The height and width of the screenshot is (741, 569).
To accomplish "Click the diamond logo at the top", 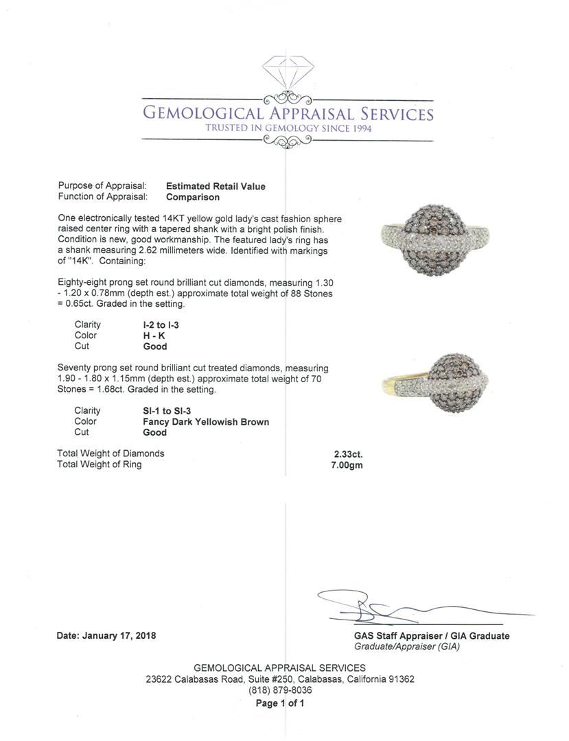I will (x=288, y=73).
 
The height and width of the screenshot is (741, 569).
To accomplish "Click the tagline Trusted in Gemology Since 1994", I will (x=288, y=128).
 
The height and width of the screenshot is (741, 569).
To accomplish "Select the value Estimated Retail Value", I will (x=216, y=186).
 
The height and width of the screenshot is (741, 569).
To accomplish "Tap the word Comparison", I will (x=193, y=197).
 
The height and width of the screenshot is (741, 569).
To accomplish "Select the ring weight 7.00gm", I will (x=347, y=464).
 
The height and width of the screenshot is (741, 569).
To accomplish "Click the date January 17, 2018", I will (x=106, y=635).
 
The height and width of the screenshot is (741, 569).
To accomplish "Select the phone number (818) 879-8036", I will (x=280, y=690).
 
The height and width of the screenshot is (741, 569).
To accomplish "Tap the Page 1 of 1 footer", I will (x=280, y=703).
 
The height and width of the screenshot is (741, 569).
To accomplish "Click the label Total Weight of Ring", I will (x=100, y=464).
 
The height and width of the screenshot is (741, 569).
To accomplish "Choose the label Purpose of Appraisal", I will (x=102, y=186).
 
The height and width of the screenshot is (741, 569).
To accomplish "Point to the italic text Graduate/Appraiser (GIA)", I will (x=407, y=646).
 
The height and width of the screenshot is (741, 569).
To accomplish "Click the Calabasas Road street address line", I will (x=280, y=679).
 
